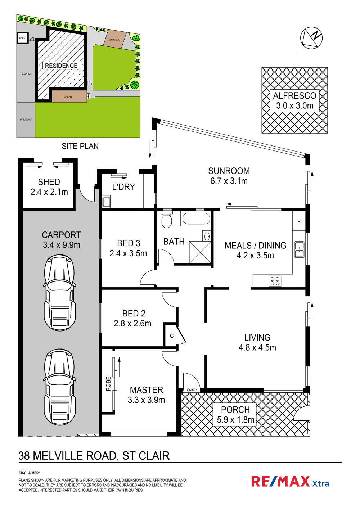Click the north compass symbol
pos(311,37)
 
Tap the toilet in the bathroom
pos(167,219)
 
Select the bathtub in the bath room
pos(196,218)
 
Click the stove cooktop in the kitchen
pos(275,281)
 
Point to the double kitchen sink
pos(299,249)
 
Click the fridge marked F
pos(299,221)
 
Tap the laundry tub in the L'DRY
pos(106,201)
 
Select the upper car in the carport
pos(59,293)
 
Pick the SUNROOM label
pos(229,171)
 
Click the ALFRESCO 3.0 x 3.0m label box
pos(294,101)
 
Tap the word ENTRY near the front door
pos(192,390)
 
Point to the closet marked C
pos(172,335)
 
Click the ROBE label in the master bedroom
pos(108,384)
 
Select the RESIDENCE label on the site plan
pos(61,66)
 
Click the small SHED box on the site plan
pos(22,38)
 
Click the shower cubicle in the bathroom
pos(200,252)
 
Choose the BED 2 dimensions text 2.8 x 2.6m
pos(132,323)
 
